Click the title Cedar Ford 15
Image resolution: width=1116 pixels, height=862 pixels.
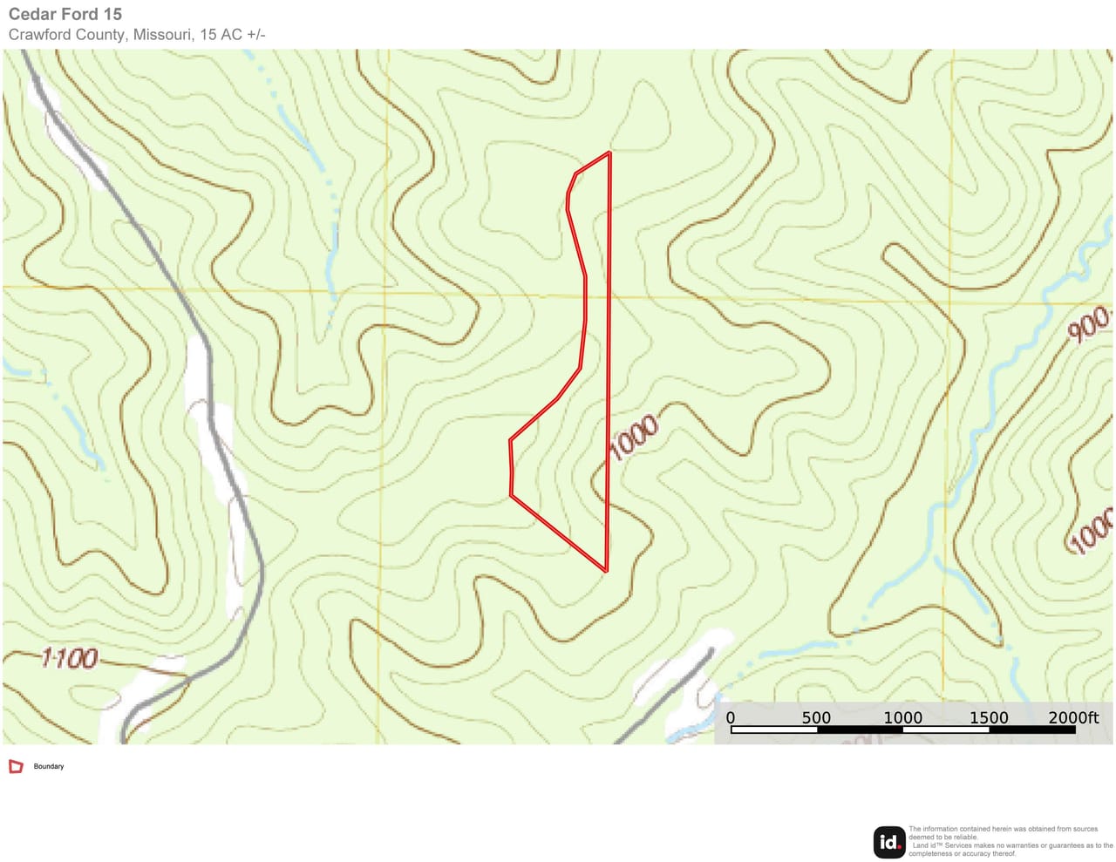[x=65, y=14]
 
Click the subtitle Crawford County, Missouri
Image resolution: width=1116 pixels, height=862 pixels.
[x=100, y=35]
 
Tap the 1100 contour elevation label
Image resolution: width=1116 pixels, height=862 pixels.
[x=70, y=657]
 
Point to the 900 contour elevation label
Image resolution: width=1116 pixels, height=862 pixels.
[x=1089, y=324]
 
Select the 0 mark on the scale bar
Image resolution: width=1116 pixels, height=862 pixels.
[x=731, y=717]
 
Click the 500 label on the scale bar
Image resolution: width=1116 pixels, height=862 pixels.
[x=816, y=717]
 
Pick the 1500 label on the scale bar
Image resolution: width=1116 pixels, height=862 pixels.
[x=989, y=717]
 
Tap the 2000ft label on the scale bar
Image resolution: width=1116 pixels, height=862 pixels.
[x=1072, y=717]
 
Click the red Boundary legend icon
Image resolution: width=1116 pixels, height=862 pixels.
[x=16, y=766]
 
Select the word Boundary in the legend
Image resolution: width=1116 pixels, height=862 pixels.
[x=49, y=766]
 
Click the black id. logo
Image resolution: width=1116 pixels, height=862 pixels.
[x=888, y=842]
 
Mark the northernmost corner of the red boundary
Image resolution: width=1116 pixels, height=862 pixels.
[x=609, y=153]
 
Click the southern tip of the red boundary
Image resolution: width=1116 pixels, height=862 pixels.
[x=605, y=571]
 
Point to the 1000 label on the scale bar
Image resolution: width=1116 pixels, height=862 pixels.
[x=902, y=717]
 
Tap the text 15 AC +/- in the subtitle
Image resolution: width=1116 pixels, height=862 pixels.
[x=232, y=35]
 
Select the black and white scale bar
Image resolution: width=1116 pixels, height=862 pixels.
[x=902, y=730]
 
